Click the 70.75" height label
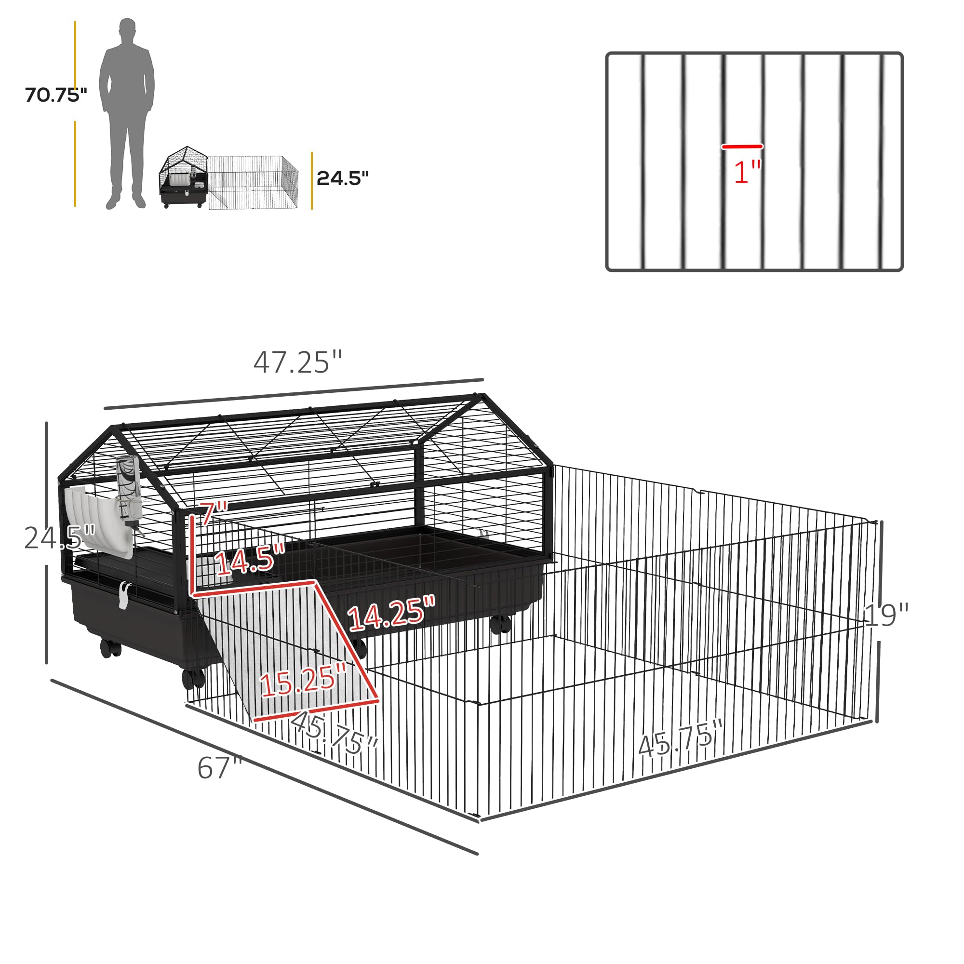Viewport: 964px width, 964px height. [56, 95]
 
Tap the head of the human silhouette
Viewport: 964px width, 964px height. [128, 31]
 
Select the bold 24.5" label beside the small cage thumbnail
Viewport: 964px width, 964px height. [342, 178]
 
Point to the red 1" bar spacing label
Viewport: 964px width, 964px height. [748, 172]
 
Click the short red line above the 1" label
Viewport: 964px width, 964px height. [742, 147]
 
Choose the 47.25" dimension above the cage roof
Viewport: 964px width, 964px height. [298, 363]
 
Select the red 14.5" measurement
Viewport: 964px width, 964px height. [251, 558]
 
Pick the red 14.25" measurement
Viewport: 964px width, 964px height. [392, 613]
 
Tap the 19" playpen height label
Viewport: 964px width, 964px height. [886, 615]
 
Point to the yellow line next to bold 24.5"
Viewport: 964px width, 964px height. [312, 181]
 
